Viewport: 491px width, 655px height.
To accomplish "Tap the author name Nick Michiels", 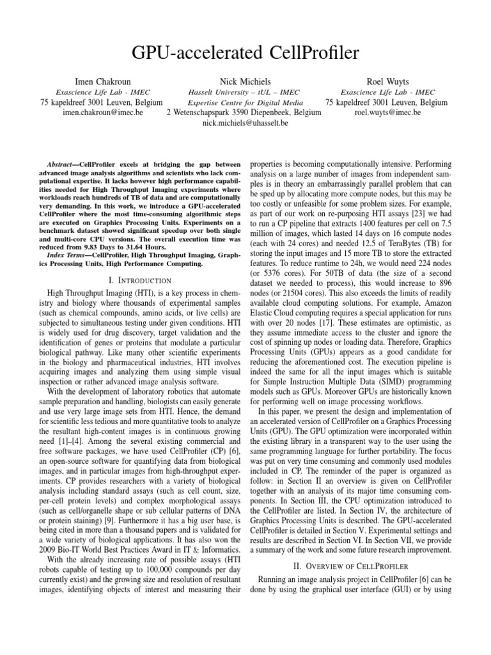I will click(x=245, y=81).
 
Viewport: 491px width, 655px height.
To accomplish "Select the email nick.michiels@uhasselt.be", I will click(x=245, y=122).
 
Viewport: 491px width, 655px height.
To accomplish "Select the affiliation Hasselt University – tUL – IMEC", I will click(x=245, y=92).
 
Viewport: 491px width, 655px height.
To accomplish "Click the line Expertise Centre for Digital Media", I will click(x=245, y=102).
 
